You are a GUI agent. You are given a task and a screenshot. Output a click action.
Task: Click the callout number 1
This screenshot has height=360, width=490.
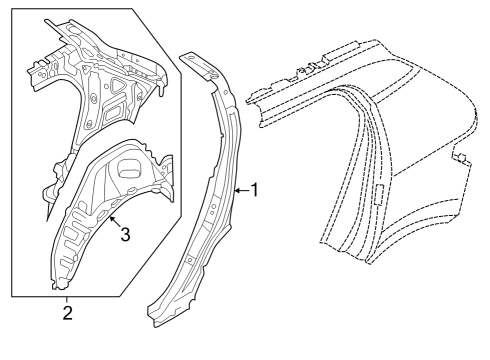(x=254, y=190)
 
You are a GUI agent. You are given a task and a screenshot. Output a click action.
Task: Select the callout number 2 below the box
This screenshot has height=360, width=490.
(x=67, y=314)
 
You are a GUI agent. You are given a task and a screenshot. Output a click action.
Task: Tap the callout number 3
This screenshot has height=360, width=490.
(x=125, y=235)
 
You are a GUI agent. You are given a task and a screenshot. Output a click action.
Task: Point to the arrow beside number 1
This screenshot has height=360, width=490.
(x=239, y=190)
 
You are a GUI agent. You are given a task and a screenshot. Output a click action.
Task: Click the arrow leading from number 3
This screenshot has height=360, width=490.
(x=112, y=222)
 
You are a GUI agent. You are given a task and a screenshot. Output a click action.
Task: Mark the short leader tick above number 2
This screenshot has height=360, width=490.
(x=67, y=301)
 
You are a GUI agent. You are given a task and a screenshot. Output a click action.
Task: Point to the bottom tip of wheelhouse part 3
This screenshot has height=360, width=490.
(x=52, y=284)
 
